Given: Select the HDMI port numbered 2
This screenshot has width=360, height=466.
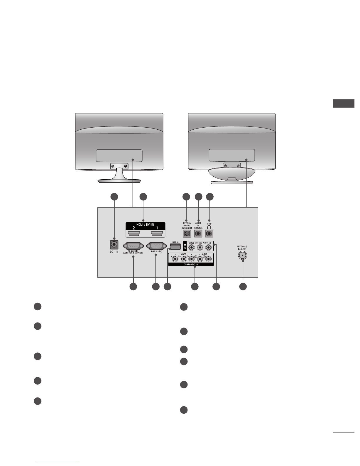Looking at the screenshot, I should (134, 234).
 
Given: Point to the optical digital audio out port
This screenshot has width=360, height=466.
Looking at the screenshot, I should (187, 234).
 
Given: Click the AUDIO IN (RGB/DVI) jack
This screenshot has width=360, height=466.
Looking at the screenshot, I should (198, 234).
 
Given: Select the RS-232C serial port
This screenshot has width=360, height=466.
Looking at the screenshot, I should (133, 246).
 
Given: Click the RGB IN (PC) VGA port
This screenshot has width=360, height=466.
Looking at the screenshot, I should (156, 246).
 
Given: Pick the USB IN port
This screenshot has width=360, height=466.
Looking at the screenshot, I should (175, 245).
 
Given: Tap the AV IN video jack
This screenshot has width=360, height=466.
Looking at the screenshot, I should (192, 248).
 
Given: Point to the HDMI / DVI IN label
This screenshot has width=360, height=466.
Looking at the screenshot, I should (145, 225).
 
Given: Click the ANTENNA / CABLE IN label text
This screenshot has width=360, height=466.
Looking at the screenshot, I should (242, 248).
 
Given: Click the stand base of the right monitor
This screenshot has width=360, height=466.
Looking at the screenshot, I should (232, 182).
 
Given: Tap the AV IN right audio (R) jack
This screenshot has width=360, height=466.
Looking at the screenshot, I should (209, 248).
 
